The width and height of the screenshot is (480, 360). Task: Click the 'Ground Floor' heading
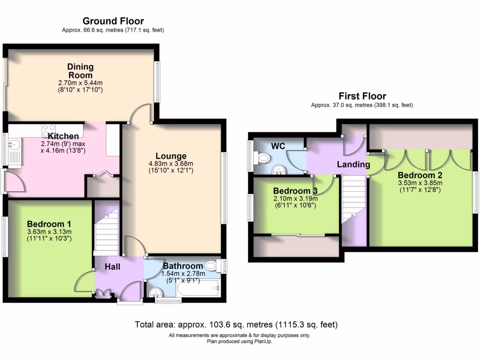pyautogui.click(x=113, y=21)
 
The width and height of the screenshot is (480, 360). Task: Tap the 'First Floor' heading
pyautogui.click(x=362, y=96)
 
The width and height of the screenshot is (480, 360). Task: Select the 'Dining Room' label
pyautogui.click(x=80, y=71)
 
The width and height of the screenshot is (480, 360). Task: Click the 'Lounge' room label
pyautogui.click(x=172, y=156)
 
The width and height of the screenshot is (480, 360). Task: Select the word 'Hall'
pyautogui.click(x=112, y=267)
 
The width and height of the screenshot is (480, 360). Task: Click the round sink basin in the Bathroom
pyautogui.click(x=155, y=292)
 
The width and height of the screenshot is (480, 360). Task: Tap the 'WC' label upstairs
pyautogui.click(x=279, y=146)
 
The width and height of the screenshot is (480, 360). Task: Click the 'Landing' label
pyautogui.click(x=354, y=165)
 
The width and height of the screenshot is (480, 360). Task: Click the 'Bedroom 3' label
pyautogui.click(x=292, y=191)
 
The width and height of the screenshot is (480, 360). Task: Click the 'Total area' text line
pyautogui.click(x=236, y=324)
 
